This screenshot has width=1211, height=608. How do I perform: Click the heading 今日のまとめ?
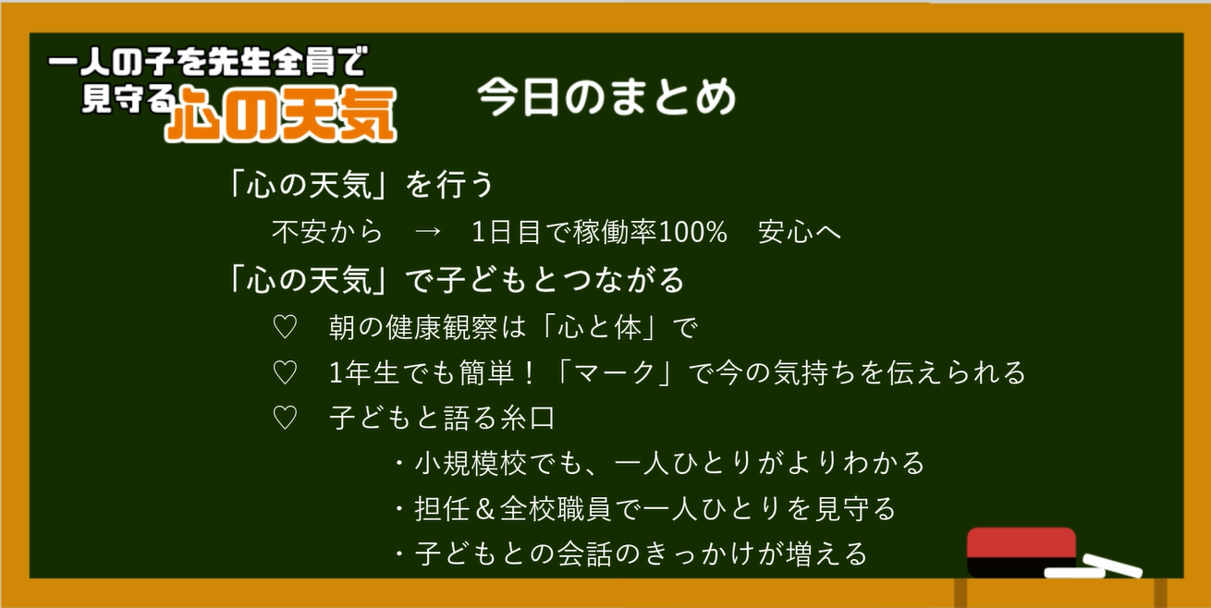(x=606, y=97)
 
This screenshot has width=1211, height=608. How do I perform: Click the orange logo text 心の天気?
(x=281, y=115)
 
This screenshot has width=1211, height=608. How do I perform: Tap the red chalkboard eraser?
(x=1021, y=552)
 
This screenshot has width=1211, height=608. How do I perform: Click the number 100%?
(x=692, y=232)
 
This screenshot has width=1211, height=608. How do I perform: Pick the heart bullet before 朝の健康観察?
(x=285, y=327)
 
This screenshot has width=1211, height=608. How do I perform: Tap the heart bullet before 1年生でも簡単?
(x=285, y=373)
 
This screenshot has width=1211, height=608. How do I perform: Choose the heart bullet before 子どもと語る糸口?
(x=285, y=418)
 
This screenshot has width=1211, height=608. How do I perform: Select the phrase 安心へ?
(x=799, y=232)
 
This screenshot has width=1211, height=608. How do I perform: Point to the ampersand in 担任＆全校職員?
(x=485, y=508)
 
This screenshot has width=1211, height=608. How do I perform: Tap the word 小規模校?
(x=471, y=463)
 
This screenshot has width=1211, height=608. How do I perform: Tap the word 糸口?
(x=528, y=418)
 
